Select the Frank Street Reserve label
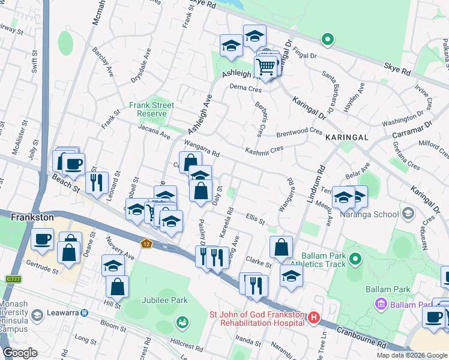pos(151,109)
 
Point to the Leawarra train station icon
pos(85,313)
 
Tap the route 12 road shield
pos(146,244)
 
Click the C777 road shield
pos(12,279)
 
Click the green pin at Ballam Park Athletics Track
pos(355,259)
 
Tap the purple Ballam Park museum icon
pos(380,305)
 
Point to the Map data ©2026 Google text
pos(411,355)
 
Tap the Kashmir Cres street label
pos(264,149)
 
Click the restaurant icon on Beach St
pos(97,181)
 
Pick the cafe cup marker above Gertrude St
pos(42,238)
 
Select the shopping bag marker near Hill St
pos(117,286)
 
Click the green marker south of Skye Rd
pos(327,40)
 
